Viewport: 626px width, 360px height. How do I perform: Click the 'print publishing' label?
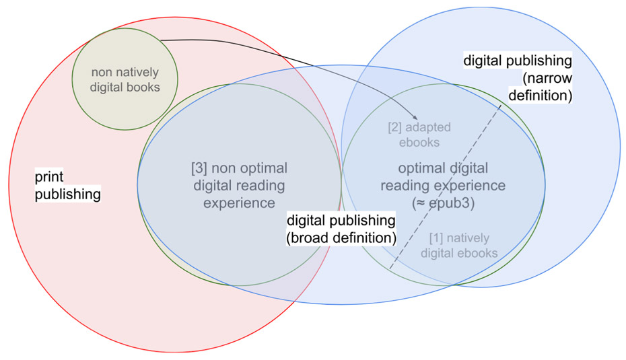67,185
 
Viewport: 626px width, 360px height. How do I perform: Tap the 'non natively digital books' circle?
125,79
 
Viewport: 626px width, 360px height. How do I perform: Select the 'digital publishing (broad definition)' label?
341,229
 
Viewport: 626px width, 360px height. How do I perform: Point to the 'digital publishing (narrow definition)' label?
518,78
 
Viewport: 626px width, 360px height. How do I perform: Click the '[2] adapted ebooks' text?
419,135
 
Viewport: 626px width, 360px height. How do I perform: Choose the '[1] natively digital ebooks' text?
459,246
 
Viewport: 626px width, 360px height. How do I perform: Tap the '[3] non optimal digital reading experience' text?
239,186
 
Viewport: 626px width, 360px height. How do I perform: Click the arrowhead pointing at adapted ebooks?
415,117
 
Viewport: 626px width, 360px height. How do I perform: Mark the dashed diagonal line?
445,187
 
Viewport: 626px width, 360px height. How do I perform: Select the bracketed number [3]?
199,168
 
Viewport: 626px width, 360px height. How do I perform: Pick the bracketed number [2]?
394,127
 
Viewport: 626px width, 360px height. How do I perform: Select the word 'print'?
49,177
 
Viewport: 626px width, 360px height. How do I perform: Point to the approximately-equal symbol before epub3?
421,203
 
